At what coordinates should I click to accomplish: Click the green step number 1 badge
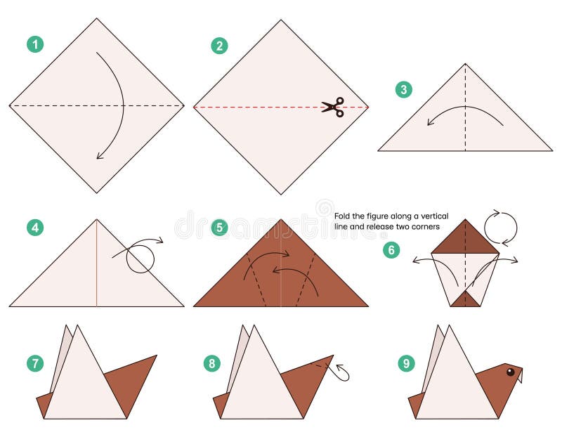click(35, 44)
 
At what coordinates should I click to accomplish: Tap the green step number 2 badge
click(219, 46)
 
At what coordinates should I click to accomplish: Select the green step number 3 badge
click(403, 89)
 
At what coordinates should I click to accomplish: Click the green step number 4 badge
click(35, 228)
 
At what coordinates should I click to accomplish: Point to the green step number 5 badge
click(219, 228)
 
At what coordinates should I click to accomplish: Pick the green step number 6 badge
click(391, 250)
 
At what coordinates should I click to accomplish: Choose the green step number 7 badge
click(35, 363)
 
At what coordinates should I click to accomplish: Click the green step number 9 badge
click(405, 363)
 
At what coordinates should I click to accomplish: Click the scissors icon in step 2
click(333, 107)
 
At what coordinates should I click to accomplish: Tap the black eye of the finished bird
click(510, 372)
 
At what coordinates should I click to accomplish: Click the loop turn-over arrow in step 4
click(140, 257)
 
